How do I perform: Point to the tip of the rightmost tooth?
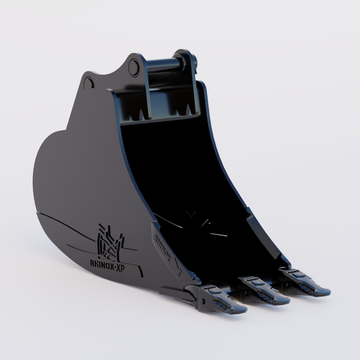[326, 292]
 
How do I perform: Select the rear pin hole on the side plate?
[89, 82]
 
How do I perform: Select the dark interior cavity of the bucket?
[176, 169]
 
